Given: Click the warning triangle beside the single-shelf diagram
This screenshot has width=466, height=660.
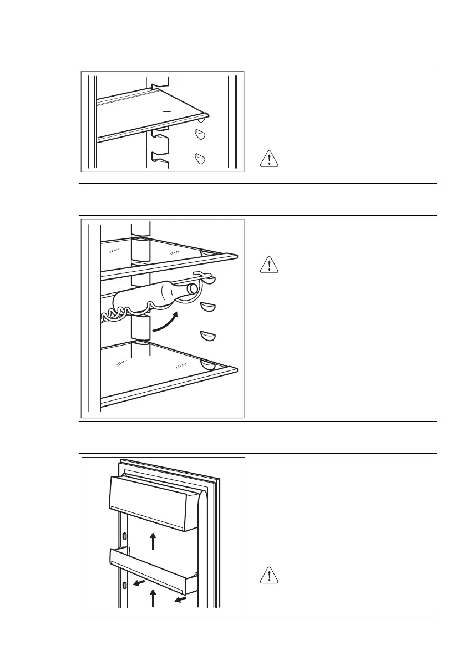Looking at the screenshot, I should click(x=269, y=159).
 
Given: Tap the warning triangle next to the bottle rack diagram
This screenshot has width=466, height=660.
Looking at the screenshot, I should click(x=269, y=265).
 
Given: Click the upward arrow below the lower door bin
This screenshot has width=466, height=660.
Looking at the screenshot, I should click(x=154, y=598).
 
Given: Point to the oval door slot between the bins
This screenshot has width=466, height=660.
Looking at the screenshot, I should click(x=124, y=536).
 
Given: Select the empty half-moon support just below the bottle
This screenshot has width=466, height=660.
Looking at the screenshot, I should click(x=207, y=306).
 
